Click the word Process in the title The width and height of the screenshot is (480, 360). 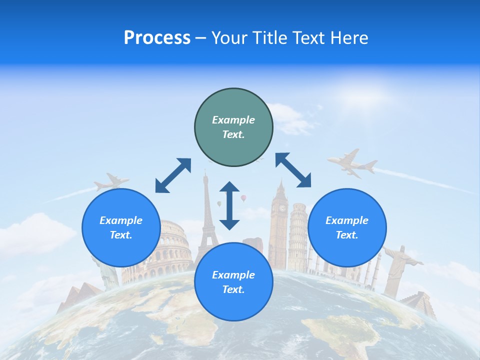tap(157, 38)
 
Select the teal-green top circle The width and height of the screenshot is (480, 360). tap(233, 127)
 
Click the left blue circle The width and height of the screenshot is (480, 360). tap(121, 227)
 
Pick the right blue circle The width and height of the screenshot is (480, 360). tap(347, 227)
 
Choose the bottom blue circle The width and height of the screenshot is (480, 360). tap(233, 282)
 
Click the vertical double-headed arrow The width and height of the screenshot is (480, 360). tap(229, 205)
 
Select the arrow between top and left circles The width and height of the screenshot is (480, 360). tap(173, 175)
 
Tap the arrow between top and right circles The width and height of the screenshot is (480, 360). tap(293, 170)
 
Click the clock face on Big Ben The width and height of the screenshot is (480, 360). tap(282, 207)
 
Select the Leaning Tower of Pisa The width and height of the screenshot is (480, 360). tap(298, 232)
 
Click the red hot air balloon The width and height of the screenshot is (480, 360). tap(243, 198)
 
